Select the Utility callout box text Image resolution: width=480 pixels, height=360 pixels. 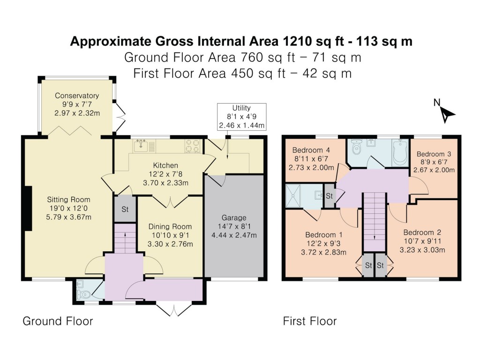(241, 117)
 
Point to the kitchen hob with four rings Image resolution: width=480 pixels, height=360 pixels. (192, 146)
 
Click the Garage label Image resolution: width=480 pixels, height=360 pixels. (234, 217)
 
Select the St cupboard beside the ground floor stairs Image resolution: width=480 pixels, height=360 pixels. (125, 209)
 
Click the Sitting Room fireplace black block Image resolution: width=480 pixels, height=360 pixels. (28, 208)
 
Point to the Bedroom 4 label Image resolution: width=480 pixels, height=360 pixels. (311, 150)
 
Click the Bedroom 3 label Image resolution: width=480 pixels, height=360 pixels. (434, 154)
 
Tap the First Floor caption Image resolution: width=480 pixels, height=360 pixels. (310, 321)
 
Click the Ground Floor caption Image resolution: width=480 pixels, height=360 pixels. (58, 321)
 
